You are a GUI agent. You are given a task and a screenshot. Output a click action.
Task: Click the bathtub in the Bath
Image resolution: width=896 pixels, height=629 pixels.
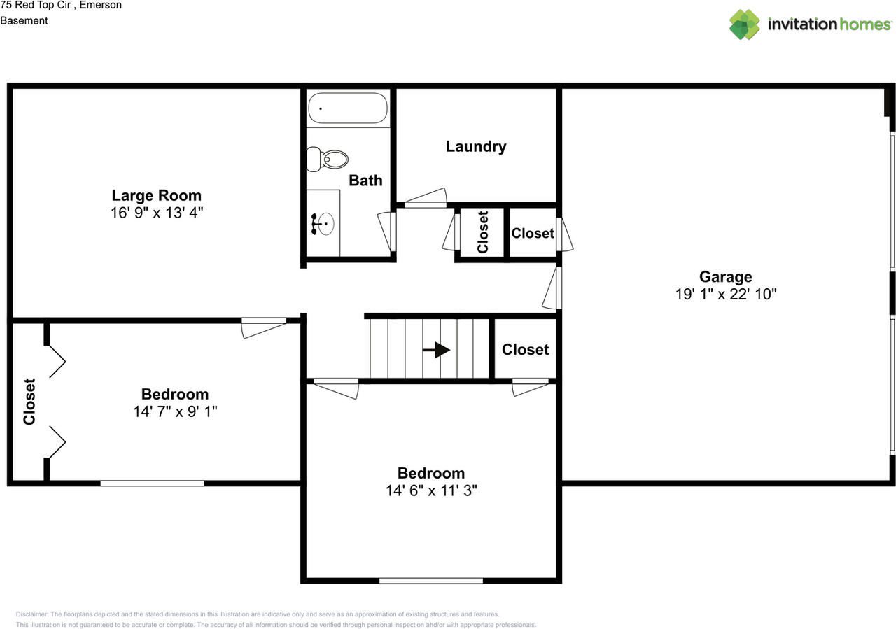pyautogui.click(x=348, y=108)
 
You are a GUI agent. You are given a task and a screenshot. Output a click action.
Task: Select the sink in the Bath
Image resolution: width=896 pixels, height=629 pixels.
pyautogui.click(x=323, y=224)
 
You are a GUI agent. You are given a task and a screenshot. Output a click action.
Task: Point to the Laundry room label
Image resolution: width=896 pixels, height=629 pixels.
pyautogui.click(x=476, y=147)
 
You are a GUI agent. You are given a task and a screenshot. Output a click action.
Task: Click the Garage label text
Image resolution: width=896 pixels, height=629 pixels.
pyautogui.click(x=725, y=277)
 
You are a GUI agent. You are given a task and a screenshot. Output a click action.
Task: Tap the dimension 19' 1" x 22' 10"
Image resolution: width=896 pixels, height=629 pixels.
pyautogui.click(x=726, y=295)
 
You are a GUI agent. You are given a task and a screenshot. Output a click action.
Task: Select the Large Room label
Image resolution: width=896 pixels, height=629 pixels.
pyautogui.click(x=157, y=195)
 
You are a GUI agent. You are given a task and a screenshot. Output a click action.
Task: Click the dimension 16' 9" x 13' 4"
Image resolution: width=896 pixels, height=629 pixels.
pyautogui.click(x=157, y=212)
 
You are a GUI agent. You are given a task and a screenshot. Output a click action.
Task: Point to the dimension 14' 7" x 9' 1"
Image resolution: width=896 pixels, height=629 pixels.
pyautogui.click(x=175, y=411)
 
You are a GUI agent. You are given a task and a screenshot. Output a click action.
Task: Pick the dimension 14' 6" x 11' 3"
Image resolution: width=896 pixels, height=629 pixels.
pyautogui.click(x=431, y=490)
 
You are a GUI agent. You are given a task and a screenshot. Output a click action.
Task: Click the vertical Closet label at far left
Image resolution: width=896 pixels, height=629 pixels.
pyautogui.click(x=29, y=402)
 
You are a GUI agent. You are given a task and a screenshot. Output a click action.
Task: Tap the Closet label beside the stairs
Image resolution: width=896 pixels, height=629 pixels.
pyautogui.click(x=526, y=350)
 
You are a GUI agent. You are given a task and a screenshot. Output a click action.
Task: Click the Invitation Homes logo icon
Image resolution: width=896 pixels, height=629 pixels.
pyautogui.click(x=745, y=24)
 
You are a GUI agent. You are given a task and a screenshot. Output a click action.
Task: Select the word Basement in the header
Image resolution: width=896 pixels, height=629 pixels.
pyautogui.click(x=24, y=21)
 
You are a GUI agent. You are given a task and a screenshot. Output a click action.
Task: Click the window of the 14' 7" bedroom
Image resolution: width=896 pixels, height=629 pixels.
pyautogui.click(x=152, y=483)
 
